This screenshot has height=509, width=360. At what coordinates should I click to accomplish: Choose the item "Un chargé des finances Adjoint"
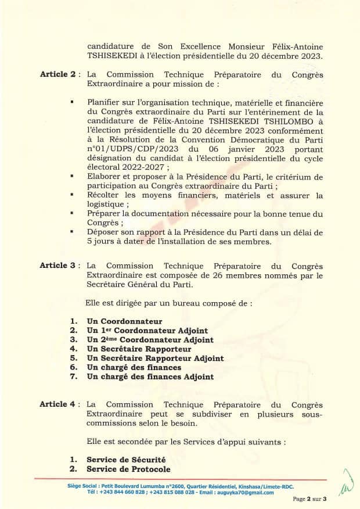pyautogui.click(x=150, y=377)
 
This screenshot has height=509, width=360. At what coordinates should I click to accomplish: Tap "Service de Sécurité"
pyautogui.click(x=126, y=460)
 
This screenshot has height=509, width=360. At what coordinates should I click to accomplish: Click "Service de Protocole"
pyautogui.click(x=128, y=469)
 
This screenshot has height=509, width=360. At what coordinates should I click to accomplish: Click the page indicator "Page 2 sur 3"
pyautogui.click(x=310, y=499)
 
